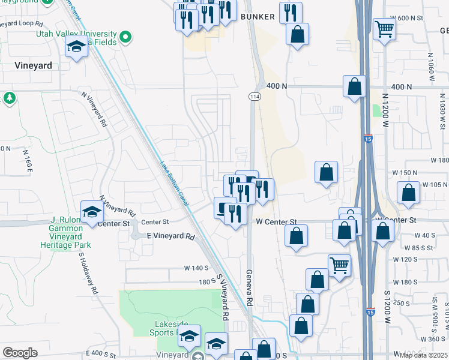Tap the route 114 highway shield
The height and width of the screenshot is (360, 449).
pyautogui.click(x=254, y=96)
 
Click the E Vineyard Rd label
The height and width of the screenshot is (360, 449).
pyautogui.click(x=172, y=236)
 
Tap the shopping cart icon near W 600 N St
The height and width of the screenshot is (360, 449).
pyautogui.click(x=384, y=28)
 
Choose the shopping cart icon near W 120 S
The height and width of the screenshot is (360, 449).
pyautogui.click(x=339, y=265)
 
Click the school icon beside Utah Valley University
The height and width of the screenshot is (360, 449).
pyautogui.click(x=77, y=47)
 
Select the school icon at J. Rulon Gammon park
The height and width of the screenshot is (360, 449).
pyautogui.click(x=92, y=212)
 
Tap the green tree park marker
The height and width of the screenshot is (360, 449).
pyautogui.click(x=9, y=97)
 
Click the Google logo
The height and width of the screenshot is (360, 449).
pyautogui.click(x=20, y=353)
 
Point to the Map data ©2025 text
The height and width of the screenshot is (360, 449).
pyautogui.click(x=423, y=355)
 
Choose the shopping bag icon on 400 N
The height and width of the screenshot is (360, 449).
pyautogui.click(x=355, y=86)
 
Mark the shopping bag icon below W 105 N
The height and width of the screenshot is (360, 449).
pyautogui.click(x=408, y=193)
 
